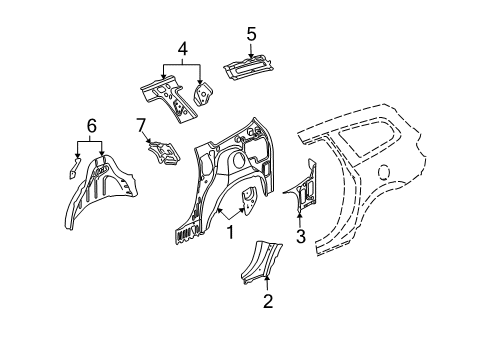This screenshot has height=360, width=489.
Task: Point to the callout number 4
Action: [183, 47]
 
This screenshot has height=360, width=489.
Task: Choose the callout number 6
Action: [91, 125]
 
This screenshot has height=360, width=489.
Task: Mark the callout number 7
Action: [141, 124]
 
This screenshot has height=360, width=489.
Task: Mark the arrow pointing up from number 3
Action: [299, 210]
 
